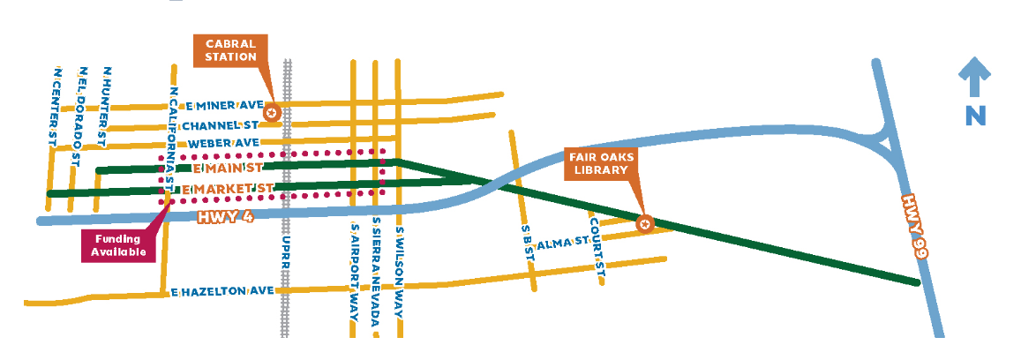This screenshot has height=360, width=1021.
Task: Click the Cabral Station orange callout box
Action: point(230,50)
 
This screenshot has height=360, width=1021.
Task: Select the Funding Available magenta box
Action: point(118,246)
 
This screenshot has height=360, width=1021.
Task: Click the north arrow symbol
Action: point(974,78)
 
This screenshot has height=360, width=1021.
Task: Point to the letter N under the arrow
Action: point(974,115)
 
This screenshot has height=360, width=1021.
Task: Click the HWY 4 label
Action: point(226,217)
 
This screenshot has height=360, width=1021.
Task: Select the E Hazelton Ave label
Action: point(222,291)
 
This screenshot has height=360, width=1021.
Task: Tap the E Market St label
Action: point(227,189)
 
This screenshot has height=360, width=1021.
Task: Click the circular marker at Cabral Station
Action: point(272,112)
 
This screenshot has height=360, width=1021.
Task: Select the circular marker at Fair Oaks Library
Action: point(644,224)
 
